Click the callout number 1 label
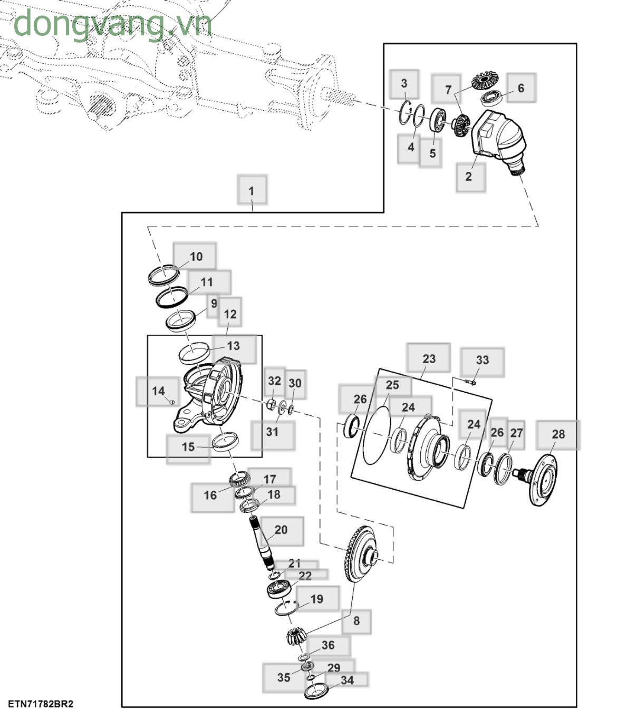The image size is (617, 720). pos(252,190)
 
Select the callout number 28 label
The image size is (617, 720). pos(558,434)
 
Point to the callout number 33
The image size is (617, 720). pos(482,360)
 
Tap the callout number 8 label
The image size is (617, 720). pos(356,621)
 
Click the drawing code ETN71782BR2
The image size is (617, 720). pos(41,704)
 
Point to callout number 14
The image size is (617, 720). pos(158,391)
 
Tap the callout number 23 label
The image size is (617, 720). pos(429,359)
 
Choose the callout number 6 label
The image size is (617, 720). pos(520,88)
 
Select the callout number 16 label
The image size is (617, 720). pos(210,495)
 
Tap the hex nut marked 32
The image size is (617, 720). pos(270,404)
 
